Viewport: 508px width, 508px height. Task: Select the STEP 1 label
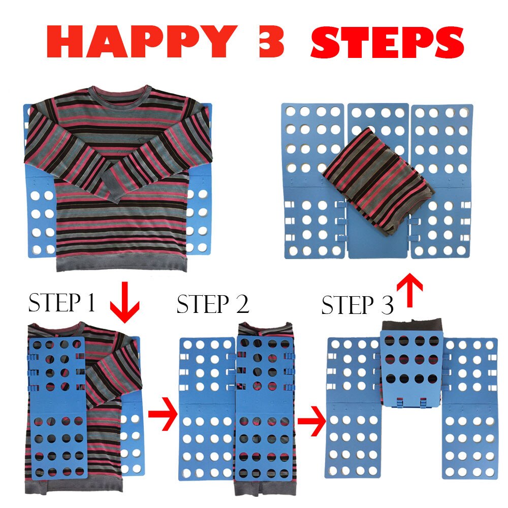coord(61,303)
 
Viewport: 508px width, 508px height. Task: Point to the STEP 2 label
coord(213,304)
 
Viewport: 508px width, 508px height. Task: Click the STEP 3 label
coord(358,306)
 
